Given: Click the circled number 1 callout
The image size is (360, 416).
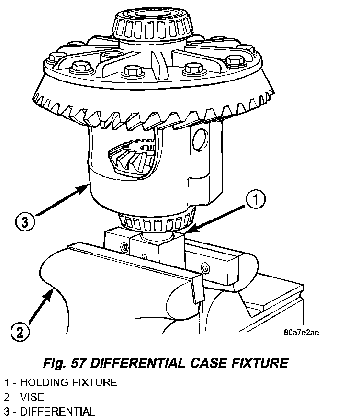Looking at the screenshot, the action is (x=256, y=199).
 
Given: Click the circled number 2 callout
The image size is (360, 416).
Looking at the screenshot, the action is (x=20, y=332).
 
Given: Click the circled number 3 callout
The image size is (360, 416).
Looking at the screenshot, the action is (x=25, y=221).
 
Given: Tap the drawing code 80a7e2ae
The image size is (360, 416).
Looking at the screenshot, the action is (x=302, y=333).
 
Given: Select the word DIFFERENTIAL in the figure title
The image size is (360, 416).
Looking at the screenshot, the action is (x=137, y=363).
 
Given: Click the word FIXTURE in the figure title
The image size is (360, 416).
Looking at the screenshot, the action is (x=260, y=363).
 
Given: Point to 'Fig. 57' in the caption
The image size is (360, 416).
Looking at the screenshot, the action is (x=65, y=363).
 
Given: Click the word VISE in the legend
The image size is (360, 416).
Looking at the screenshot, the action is (x=32, y=397).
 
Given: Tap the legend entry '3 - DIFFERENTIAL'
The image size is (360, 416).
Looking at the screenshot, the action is (x=50, y=411).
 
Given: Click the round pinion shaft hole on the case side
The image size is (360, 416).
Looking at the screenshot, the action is (x=201, y=139).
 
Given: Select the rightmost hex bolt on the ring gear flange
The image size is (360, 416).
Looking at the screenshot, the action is (x=235, y=61).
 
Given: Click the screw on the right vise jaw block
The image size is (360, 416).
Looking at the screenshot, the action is (x=205, y=268).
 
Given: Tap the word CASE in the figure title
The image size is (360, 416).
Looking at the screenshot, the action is (x=209, y=363).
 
